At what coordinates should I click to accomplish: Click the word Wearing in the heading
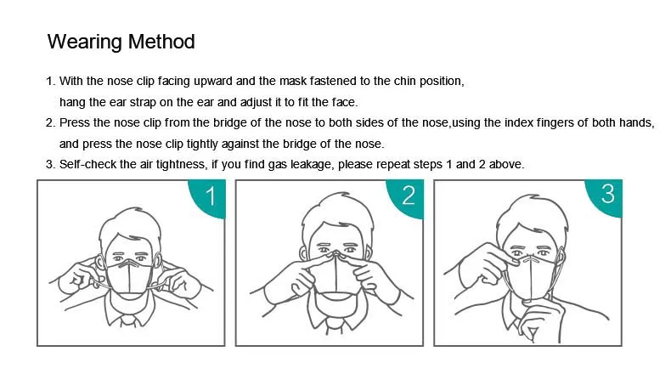coord(85,42)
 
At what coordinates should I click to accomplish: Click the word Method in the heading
coord(161,42)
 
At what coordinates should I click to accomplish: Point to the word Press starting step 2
coord(75,122)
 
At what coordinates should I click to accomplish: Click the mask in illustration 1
coord(129,278)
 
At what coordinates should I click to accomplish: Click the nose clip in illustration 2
coord(337,256)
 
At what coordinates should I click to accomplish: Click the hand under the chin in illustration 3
coord(540,320)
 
